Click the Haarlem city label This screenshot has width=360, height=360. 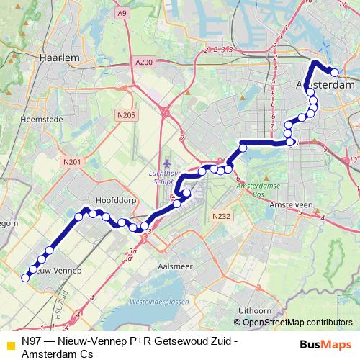(59, 56)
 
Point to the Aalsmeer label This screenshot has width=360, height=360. (175, 266)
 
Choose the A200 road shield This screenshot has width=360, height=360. (144, 63)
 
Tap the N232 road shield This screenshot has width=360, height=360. (220, 215)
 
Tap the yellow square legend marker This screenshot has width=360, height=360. (9, 345)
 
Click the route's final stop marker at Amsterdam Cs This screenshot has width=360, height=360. (334, 71)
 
